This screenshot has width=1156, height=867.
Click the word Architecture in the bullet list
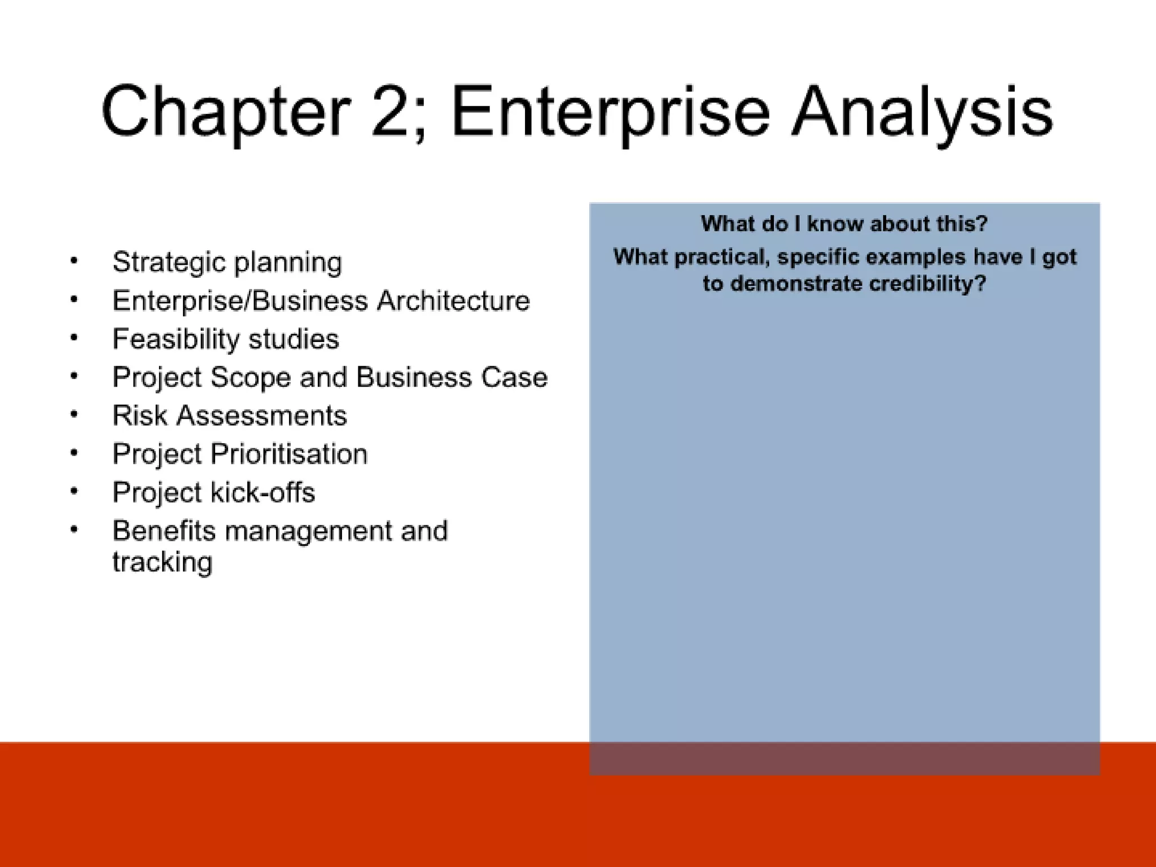click(453, 301)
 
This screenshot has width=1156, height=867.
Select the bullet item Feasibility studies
click(226, 339)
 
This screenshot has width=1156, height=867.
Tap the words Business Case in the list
click(452, 377)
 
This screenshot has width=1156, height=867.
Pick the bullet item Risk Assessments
click(229, 416)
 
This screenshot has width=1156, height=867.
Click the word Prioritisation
click(289, 454)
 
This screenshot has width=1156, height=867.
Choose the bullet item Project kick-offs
click(213, 492)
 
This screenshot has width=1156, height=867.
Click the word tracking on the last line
click(163, 562)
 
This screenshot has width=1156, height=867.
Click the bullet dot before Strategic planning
click(74, 261)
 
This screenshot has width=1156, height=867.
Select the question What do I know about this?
click(844, 224)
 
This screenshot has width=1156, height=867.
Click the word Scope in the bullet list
click(251, 377)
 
